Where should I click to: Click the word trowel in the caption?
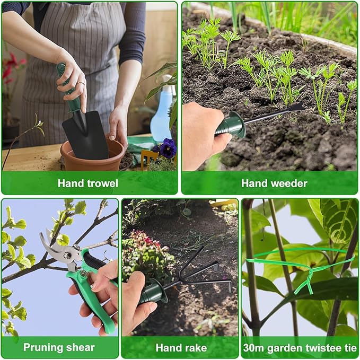pyautogui.click(x=102, y=183)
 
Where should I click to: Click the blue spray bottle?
pyautogui.click(x=161, y=110)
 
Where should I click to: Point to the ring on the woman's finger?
pyautogui.click(x=81, y=83)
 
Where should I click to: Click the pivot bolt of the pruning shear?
pyautogui.click(x=67, y=255)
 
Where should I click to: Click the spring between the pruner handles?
pyautogui.click(x=84, y=273)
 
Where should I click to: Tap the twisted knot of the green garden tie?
pyautogui.click(x=307, y=278)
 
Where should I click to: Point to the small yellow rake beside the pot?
pyautogui.click(x=149, y=159)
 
